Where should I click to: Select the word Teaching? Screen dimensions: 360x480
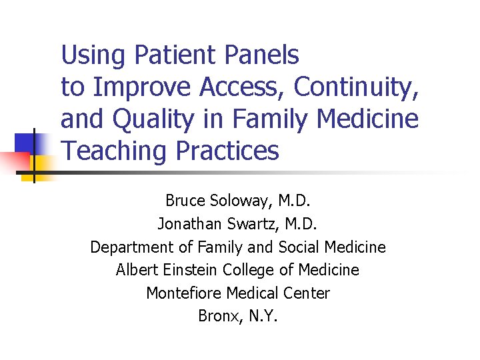(x=115, y=151)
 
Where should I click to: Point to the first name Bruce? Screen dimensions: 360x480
(x=184, y=200)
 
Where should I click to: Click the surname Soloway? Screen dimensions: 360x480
(x=239, y=200)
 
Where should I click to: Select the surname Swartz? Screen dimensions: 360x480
(x=256, y=223)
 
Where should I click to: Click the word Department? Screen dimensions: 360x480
(x=133, y=247)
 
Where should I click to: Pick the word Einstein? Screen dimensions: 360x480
(x=189, y=270)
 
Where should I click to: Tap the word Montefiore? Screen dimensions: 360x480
(x=184, y=293)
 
